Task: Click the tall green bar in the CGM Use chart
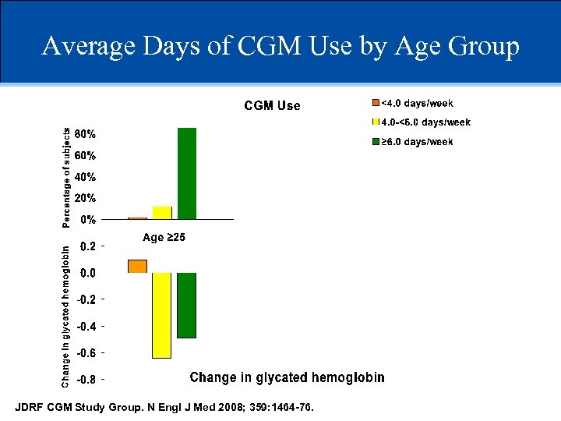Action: point(187,173)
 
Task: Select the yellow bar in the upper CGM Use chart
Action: point(162,213)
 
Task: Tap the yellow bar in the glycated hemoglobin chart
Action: point(162,315)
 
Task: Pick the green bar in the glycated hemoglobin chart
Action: point(187,305)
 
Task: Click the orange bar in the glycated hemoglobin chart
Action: point(137,266)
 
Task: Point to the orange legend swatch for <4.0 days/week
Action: point(375,103)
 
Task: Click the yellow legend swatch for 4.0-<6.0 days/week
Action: point(375,122)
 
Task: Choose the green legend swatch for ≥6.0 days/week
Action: point(375,142)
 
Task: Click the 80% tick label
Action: point(85,133)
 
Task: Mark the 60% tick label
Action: point(85,155)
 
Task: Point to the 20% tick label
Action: point(85,198)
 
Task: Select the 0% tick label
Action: point(88,219)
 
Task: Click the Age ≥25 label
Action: point(164,237)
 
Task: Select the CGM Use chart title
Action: point(272,106)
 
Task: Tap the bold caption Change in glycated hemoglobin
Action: point(287,377)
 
